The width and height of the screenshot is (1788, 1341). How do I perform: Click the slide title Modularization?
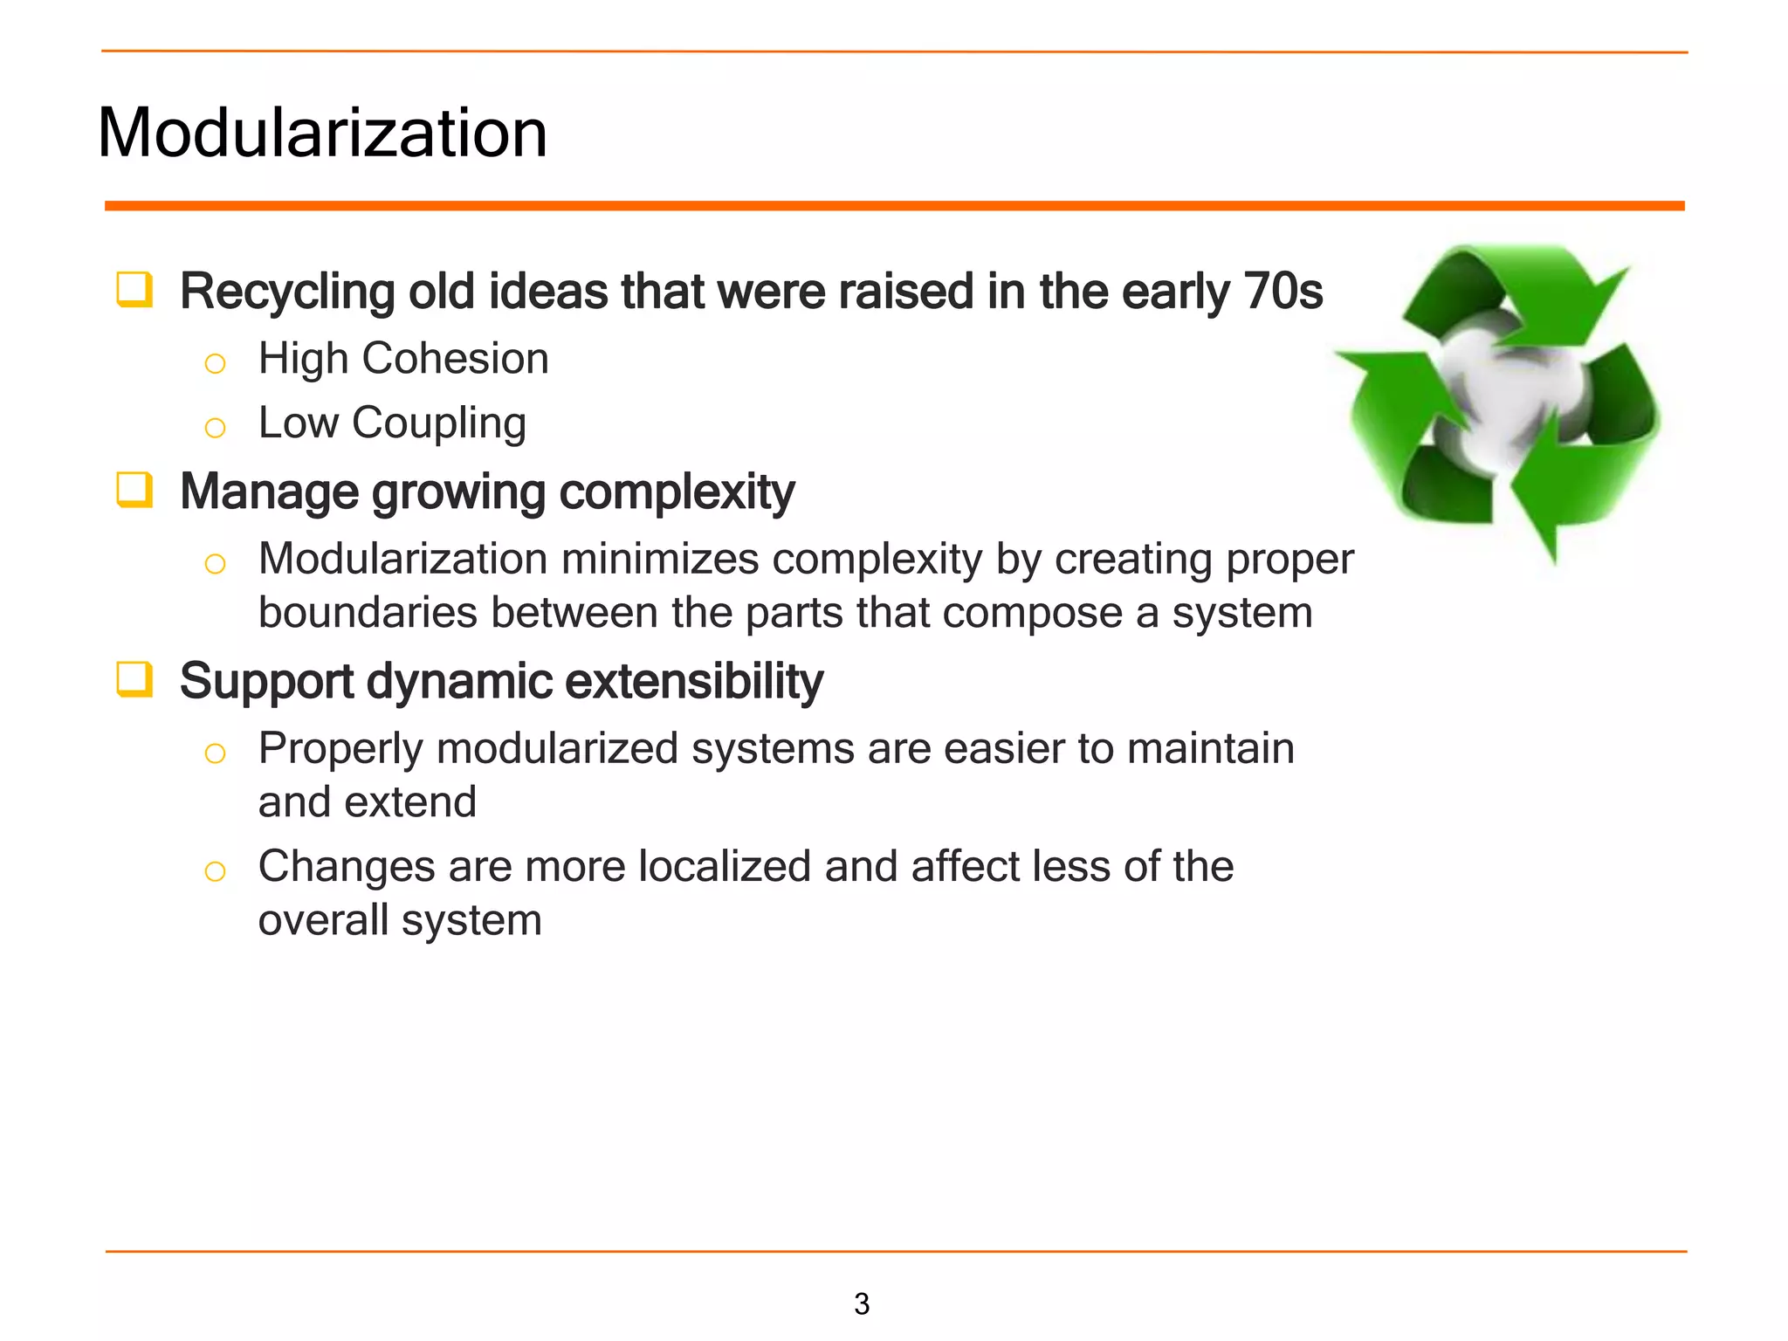(x=322, y=133)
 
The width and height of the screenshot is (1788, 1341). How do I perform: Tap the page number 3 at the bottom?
(x=861, y=1303)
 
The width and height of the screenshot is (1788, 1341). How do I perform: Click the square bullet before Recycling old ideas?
(x=134, y=290)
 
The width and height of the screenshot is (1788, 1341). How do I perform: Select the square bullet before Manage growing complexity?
(x=134, y=490)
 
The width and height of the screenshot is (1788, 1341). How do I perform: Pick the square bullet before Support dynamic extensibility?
(x=134, y=679)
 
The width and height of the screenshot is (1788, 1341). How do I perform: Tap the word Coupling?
(x=438, y=423)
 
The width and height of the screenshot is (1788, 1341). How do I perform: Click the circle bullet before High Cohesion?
(x=215, y=363)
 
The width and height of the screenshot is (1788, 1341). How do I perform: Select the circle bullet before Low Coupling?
(x=215, y=428)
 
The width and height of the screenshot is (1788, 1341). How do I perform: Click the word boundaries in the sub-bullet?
(x=367, y=612)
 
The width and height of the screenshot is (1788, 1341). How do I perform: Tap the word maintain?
(x=1210, y=748)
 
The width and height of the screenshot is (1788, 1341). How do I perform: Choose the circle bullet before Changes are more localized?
(x=215, y=871)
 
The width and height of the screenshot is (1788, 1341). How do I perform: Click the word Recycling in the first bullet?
(x=287, y=291)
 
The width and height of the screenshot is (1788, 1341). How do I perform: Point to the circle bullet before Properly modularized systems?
(x=215, y=753)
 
